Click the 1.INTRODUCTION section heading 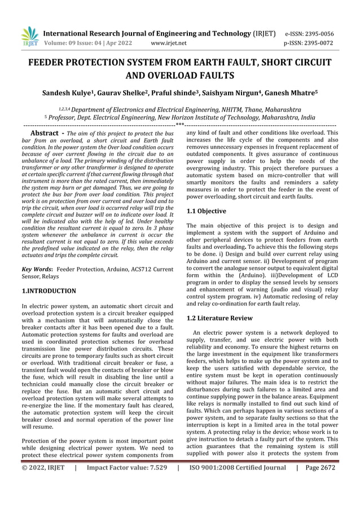pos(49,291)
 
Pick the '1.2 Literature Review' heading pos(220,318)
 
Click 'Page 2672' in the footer pos(322,468)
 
